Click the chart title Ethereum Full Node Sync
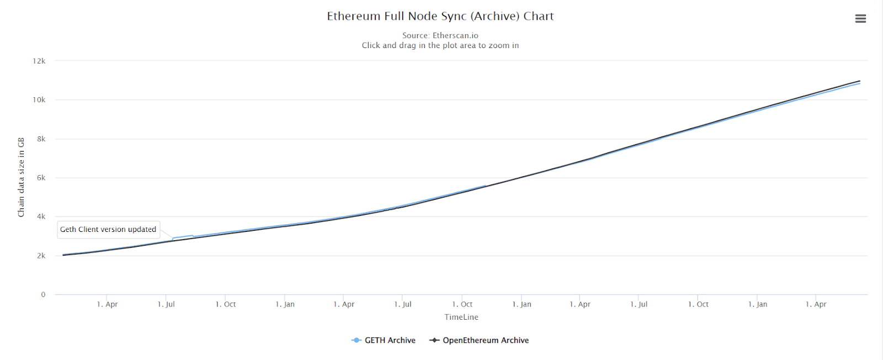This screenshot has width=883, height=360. pyautogui.click(x=440, y=16)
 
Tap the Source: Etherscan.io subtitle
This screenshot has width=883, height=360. pyautogui.click(x=440, y=35)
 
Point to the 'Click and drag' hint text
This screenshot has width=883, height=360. pyautogui.click(x=440, y=45)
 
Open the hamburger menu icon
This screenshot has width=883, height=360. pyautogui.click(x=860, y=19)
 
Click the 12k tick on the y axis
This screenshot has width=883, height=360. pyautogui.click(x=39, y=61)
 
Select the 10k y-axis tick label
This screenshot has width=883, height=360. pyautogui.click(x=39, y=100)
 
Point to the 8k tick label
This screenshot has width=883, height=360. pyautogui.click(x=41, y=139)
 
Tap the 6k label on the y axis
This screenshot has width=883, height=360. pyautogui.click(x=41, y=178)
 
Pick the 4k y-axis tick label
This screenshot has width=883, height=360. pyautogui.click(x=41, y=216)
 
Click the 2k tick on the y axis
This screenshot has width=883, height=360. pyautogui.click(x=41, y=256)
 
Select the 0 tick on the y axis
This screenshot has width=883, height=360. pyautogui.click(x=43, y=294)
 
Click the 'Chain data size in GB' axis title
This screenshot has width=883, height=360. pyautogui.click(x=21, y=177)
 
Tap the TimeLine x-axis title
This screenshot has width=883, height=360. pyautogui.click(x=461, y=317)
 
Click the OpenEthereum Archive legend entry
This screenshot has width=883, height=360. pyautogui.click(x=479, y=340)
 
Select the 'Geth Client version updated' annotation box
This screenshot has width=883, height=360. pyautogui.click(x=108, y=229)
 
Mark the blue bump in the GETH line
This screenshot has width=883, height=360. pyautogui.click(x=183, y=237)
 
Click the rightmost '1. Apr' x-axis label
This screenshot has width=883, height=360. pyautogui.click(x=816, y=304)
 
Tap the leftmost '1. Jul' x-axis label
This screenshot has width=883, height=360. pyautogui.click(x=166, y=304)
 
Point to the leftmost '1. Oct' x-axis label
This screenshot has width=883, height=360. pyautogui.click(x=225, y=304)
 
